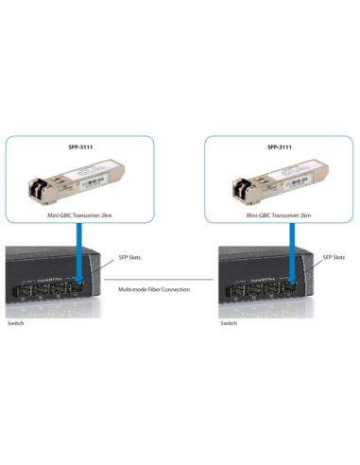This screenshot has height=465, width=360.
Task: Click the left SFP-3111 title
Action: (79, 147)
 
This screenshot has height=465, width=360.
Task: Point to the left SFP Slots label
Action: (129, 257)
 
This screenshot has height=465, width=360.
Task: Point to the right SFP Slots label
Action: (334, 257)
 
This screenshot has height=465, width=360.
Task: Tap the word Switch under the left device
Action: (16, 323)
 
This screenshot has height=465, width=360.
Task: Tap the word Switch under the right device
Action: (229, 323)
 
